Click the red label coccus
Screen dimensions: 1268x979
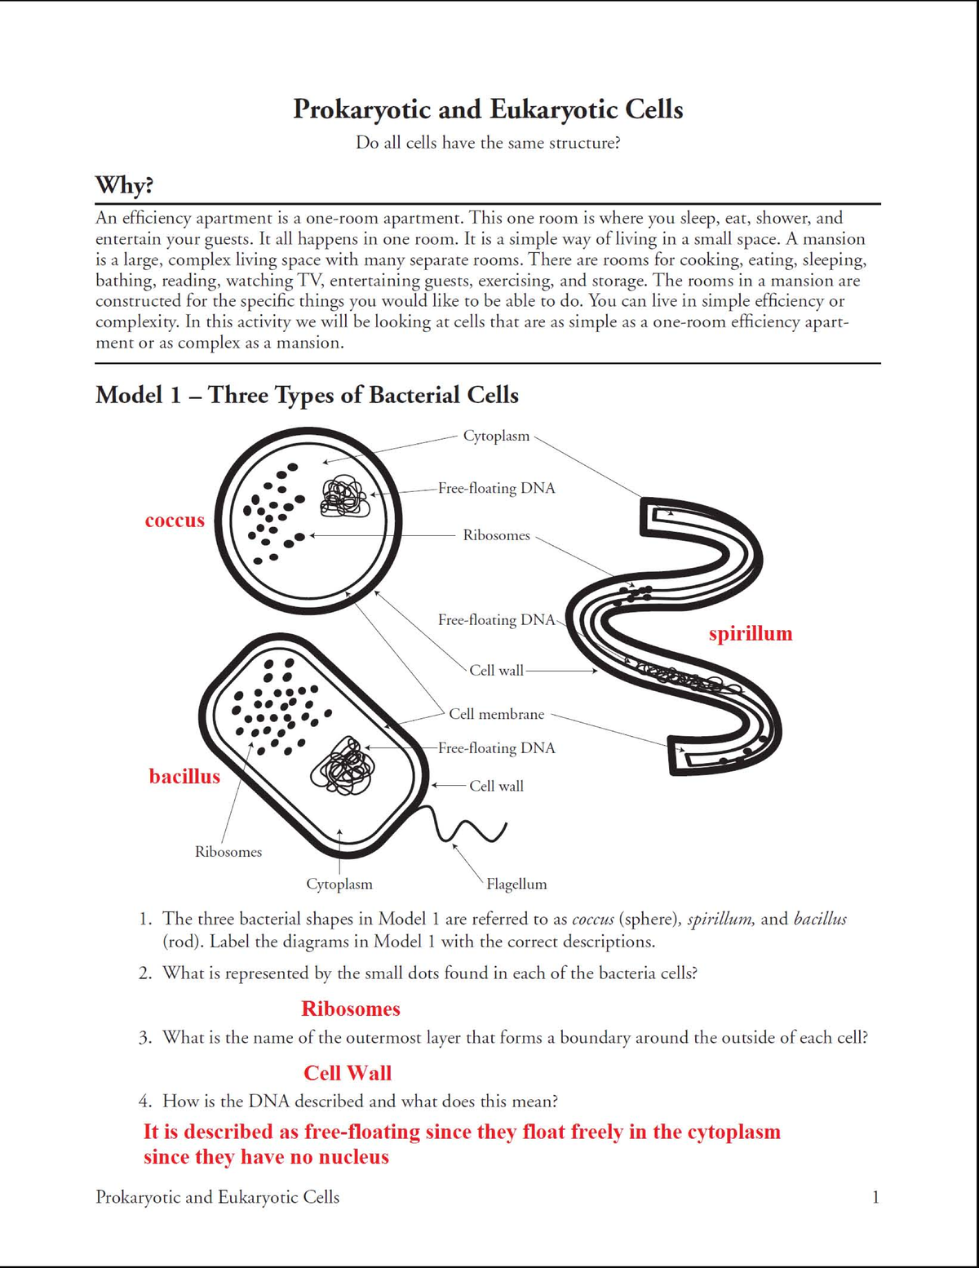(x=175, y=521)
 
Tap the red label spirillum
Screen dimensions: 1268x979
(x=750, y=633)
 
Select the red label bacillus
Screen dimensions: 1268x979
(x=184, y=776)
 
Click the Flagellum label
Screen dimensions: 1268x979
(x=516, y=884)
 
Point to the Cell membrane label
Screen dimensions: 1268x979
(x=496, y=714)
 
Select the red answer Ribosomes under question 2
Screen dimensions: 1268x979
(x=351, y=1009)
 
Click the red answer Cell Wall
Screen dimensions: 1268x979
(x=348, y=1073)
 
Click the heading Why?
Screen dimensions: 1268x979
(x=124, y=185)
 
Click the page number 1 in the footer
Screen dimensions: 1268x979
(x=875, y=1197)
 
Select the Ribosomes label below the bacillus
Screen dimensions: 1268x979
(x=228, y=852)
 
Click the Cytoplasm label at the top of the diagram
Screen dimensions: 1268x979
(x=496, y=436)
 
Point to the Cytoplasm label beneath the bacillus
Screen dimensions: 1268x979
(x=339, y=884)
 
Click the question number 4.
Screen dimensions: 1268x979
(x=144, y=1102)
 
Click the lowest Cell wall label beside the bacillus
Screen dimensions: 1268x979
(x=496, y=786)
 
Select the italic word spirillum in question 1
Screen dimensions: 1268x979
(x=721, y=920)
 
